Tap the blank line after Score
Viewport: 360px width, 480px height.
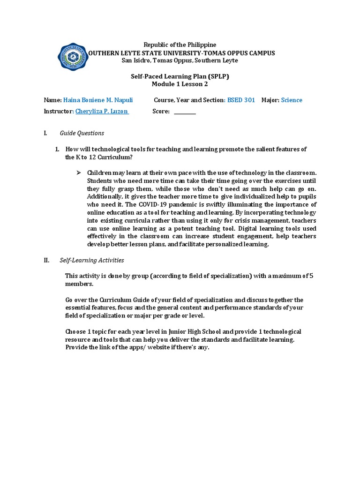tap(185, 112)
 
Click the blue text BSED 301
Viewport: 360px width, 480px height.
tap(241, 100)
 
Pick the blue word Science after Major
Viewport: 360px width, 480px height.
tap(292, 100)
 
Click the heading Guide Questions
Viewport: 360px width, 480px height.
tap(82, 133)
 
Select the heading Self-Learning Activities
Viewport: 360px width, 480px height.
tap(92, 260)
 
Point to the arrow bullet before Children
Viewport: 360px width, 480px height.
tap(78, 173)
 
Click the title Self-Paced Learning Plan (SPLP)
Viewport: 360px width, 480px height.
tap(180, 76)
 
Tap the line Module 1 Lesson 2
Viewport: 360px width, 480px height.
tap(180, 84)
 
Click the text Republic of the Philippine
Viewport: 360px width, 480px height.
tap(180, 45)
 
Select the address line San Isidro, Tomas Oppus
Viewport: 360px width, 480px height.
tap(180, 60)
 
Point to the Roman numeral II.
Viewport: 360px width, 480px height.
tap(46, 260)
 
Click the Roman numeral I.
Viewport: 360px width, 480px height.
tap(45, 133)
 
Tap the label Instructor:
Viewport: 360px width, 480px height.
tap(59, 112)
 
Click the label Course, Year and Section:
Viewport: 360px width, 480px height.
tap(189, 100)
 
